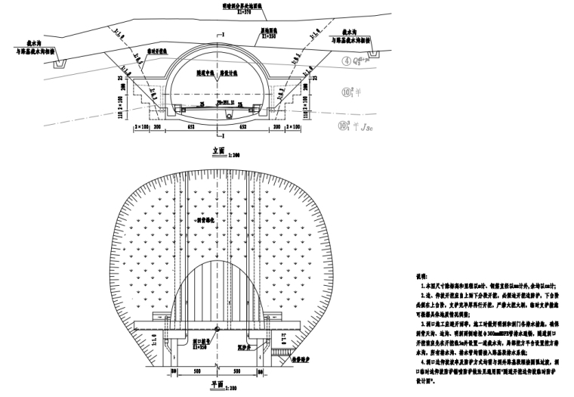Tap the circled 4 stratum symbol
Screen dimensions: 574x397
tap(347, 62)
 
